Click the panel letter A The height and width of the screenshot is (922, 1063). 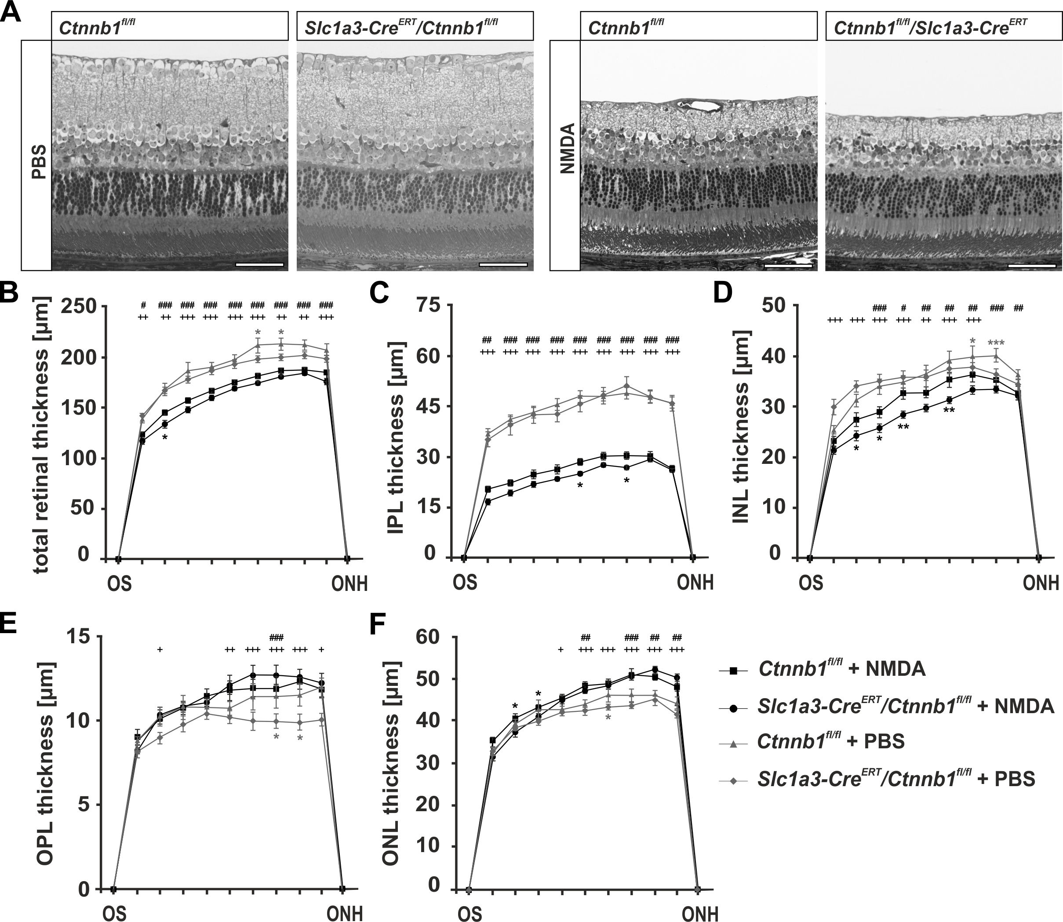coord(11,11)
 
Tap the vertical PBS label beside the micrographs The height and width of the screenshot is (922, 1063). coord(37,162)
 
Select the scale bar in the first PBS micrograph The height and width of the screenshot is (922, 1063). coord(260,264)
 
